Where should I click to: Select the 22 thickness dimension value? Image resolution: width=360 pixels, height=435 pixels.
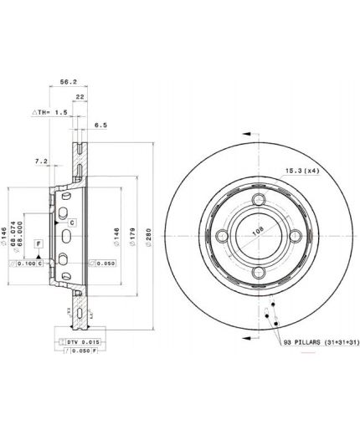[79, 97]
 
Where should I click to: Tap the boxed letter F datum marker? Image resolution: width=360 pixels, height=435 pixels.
[38, 243]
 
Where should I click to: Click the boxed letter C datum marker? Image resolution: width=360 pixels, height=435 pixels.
[72, 222]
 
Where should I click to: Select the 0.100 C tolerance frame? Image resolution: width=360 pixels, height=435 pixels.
[32, 264]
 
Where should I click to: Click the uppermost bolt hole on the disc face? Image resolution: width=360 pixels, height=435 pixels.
[258, 200]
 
